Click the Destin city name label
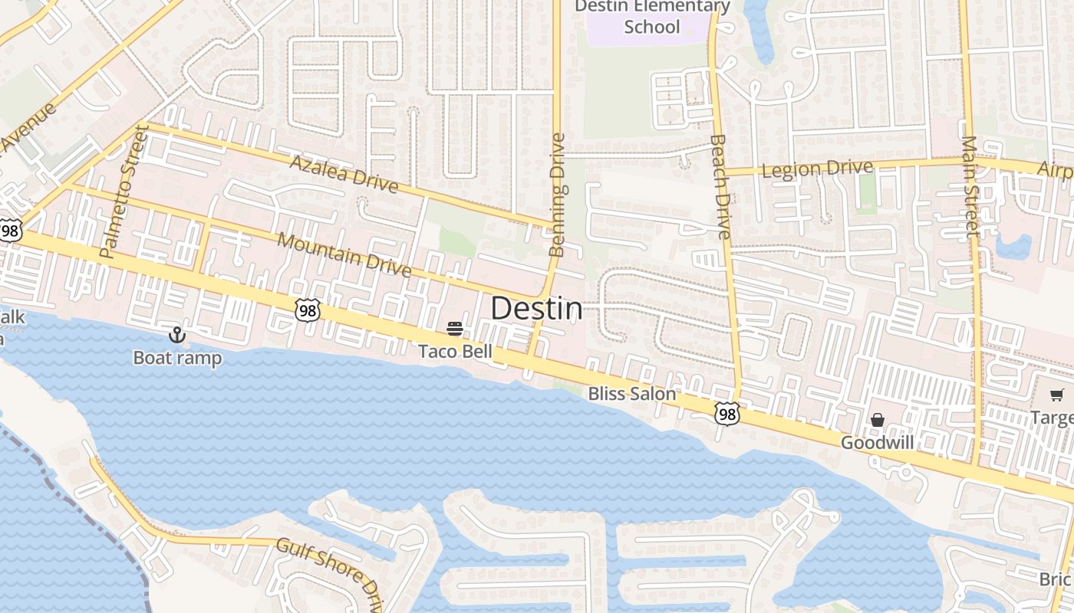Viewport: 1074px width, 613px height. coord(536,308)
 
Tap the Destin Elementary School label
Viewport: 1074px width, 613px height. coord(652,17)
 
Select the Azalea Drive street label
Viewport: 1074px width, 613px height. coord(344,175)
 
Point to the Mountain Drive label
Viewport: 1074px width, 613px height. coord(344,254)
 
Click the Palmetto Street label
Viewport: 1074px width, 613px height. coord(123,192)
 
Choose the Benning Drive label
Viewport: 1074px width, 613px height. coord(558,195)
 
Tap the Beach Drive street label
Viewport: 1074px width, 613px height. coord(720,187)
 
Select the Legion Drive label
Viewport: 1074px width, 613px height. coord(817,169)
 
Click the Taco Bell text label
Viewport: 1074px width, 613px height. coord(455,351)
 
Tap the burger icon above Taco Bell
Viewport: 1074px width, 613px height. coord(455,329)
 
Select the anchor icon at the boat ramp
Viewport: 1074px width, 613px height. coord(177,335)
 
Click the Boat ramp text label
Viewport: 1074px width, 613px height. coord(177,358)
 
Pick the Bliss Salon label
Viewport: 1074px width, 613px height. coord(632,394)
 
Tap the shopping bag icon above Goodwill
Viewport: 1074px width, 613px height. coord(878,420)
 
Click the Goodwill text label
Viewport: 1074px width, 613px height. coord(877,443)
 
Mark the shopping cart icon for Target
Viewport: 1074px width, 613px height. coord(1057,395)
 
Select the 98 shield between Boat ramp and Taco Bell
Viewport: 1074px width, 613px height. coord(307,310)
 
